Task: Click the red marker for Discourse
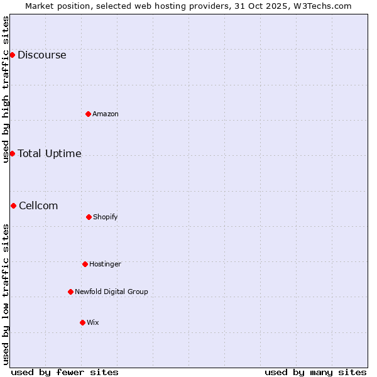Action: [12, 55]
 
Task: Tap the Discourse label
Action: [41, 55]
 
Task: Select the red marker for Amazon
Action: [88, 114]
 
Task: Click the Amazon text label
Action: [106, 114]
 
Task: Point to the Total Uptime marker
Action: [12, 153]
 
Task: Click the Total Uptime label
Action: [49, 153]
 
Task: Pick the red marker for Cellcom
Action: [13, 205]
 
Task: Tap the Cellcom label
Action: [38, 205]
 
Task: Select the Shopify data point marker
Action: [89, 217]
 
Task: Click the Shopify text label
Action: [106, 217]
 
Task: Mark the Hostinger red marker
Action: [85, 264]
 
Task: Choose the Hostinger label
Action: [105, 264]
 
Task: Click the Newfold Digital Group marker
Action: [70, 292]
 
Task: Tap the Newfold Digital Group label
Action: [111, 292]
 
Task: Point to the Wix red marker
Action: [82, 322]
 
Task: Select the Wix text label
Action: [93, 322]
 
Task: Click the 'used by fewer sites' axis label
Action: [65, 372]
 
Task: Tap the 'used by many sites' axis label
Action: [315, 372]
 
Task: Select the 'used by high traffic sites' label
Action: [6, 89]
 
